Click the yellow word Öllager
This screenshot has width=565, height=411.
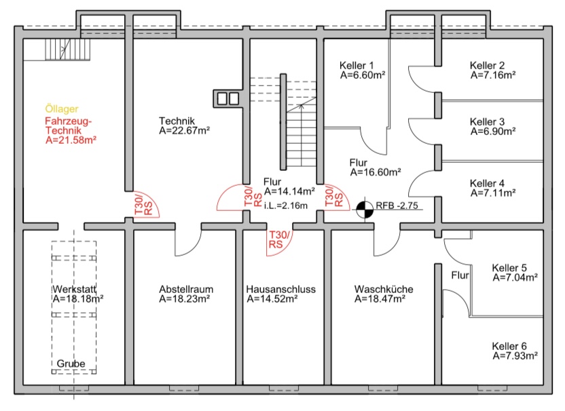tap(62, 109)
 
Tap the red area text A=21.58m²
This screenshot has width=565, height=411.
tap(71, 140)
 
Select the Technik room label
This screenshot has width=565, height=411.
tap(177, 121)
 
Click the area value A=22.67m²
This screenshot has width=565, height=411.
tap(185, 130)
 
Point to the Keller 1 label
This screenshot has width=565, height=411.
tap(357, 66)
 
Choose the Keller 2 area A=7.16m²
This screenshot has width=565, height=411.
tap(493, 75)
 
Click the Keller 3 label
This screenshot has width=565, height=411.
tap(487, 121)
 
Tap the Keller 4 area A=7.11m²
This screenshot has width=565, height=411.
tap(493, 193)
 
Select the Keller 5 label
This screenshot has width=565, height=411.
tap(509, 268)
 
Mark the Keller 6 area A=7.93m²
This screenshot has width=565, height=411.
tap(515, 355)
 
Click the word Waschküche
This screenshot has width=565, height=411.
tap(384, 289)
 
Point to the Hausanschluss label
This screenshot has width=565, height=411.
tap(280, 289)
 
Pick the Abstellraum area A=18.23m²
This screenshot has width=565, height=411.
tap(185, 298)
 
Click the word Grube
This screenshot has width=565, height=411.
tap(71, 364)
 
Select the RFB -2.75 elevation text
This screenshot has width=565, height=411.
tap(397, 206)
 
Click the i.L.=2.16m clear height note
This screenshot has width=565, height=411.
tap(286, 206)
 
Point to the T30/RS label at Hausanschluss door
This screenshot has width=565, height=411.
tap(278, 239)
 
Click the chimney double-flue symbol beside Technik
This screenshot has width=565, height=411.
tap(228, 98)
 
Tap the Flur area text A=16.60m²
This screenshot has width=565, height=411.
tap(376, 172)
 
